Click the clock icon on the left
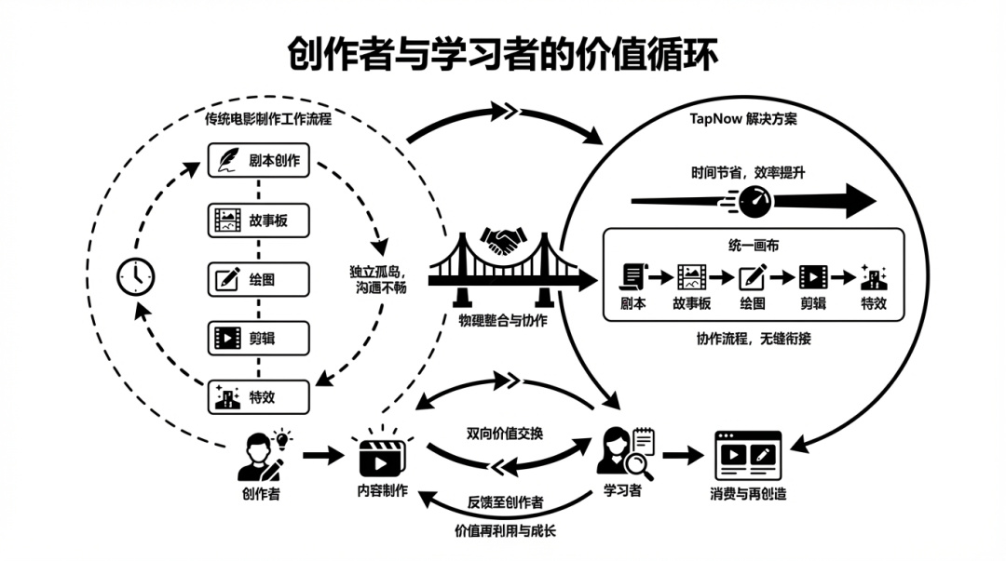pos(136,276)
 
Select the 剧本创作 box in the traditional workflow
pos(258,160)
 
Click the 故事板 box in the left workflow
pos(258,220)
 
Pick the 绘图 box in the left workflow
pos(258,279)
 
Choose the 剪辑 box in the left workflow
pos(258,338)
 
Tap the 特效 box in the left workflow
pos(258,397)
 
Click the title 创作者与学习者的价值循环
pos(503,55)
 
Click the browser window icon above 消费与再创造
pos(747,455)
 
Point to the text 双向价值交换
pos(505,434)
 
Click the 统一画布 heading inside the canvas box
pos(754,245)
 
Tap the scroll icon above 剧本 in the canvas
pos(633,276)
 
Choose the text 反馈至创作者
pos(505,502)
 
